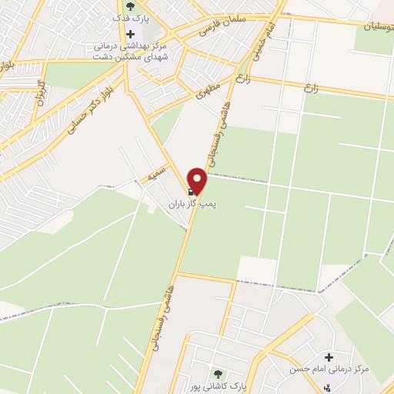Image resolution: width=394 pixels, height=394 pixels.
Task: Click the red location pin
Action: (x=199, y=181)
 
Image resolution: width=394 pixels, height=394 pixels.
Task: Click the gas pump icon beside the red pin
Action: (x=191, y=190)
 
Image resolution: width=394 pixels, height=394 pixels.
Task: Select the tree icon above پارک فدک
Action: (x=129, y=8)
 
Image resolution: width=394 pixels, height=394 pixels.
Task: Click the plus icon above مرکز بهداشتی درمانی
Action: (x=130, y=34)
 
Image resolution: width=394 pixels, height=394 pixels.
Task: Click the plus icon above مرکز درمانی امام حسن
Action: (x=329, y=358)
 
